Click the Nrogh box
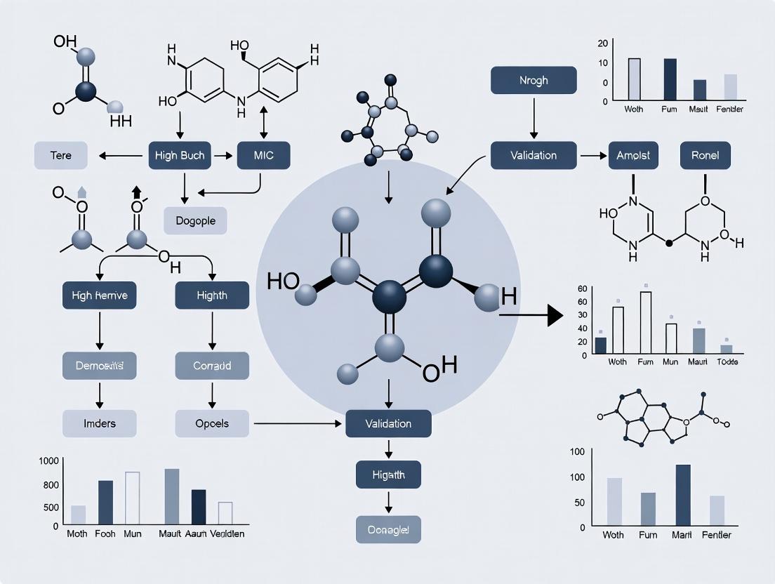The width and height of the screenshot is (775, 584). click(x=534, y=81)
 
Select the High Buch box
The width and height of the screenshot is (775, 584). click(x=180, y=155)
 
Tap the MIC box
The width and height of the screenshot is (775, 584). click(x=260, y=155)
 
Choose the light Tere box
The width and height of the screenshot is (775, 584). click(x=61, y=155)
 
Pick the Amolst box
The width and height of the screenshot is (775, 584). click(x=633, y=155)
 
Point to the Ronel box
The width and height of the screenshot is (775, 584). click(x=705, y=155)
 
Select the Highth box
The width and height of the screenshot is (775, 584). click(x=211, y=296)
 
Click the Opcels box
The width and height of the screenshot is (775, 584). click(x=211, y=423)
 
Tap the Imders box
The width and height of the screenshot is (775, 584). click(x=99, y=423)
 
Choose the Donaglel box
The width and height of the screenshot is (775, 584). click(x=388, y=529)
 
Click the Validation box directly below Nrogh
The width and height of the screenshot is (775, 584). click(x=534, y=155)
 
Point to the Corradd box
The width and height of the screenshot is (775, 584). click(x=211, y=366)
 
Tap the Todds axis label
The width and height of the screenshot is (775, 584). click(x=727, y=361)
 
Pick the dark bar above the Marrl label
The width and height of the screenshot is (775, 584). click(x=682, y=495)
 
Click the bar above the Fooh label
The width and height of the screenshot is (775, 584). click(x=105, y=503)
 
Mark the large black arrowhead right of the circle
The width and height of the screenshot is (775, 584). click(x=555, y=316)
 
